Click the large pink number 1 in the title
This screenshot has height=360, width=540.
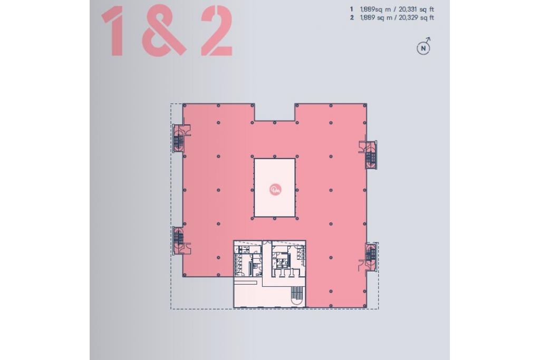pos(114,31)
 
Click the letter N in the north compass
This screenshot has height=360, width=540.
pos(423,48)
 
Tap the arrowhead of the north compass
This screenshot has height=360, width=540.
pos(428,39)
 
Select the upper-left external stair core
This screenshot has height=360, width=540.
pos(180,138)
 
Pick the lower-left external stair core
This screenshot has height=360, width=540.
pos(180,240)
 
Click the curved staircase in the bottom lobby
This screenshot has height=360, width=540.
pos(296,296)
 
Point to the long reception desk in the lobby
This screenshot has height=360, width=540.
pos(245,282)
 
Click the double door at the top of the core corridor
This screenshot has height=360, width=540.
pos(266,243)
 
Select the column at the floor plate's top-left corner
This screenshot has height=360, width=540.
pos(184,105)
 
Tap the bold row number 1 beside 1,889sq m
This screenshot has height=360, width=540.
pos(352,9)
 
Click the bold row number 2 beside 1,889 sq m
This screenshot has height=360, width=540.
pos(352,17)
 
